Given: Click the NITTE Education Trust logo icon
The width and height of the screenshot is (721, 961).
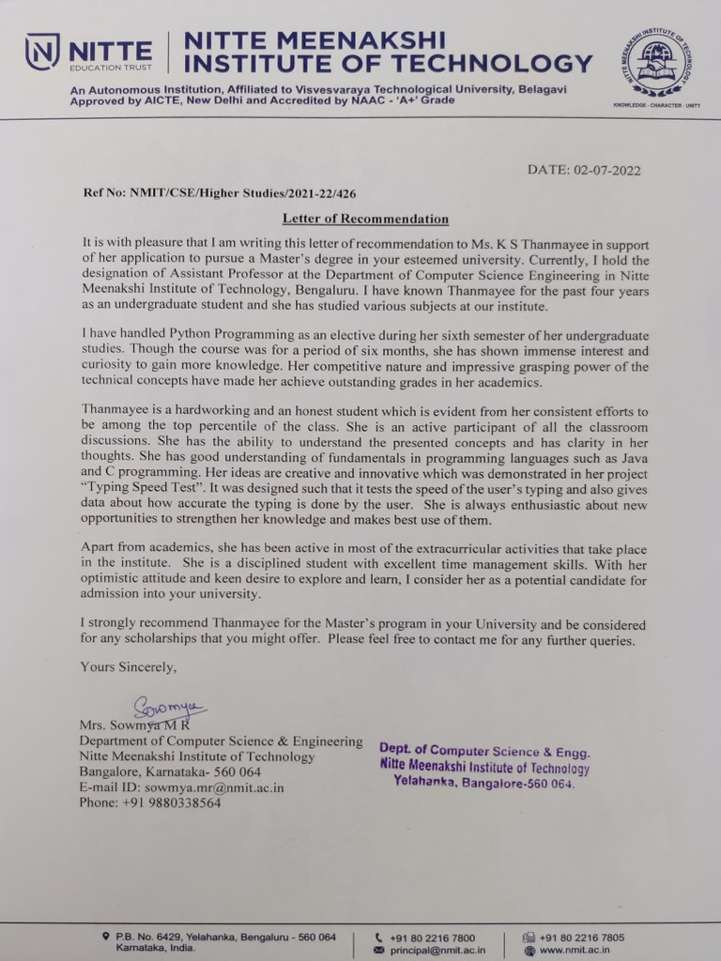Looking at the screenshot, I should (x=42, y=52).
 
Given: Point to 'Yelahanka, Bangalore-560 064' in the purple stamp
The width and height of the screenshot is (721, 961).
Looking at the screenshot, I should (x=483, y=783).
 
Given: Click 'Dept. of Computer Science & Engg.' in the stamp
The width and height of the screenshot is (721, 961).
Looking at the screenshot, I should (x=484, y=751).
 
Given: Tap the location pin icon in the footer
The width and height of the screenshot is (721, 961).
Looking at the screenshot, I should (x=106, y=937).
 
